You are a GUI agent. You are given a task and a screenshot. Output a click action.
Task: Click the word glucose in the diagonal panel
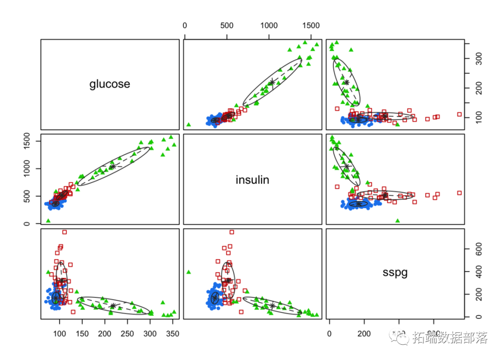110,84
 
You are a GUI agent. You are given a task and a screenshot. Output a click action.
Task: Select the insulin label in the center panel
252,180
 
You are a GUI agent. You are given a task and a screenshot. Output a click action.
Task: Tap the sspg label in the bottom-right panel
395,273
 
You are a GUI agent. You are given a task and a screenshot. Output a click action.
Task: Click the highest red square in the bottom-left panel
64,232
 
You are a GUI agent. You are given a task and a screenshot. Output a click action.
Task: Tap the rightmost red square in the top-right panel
459,114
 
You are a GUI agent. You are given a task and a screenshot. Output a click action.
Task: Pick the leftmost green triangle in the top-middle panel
189,125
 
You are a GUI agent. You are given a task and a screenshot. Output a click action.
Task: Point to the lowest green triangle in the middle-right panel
398,221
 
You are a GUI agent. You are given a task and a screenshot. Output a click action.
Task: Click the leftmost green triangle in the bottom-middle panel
189,272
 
